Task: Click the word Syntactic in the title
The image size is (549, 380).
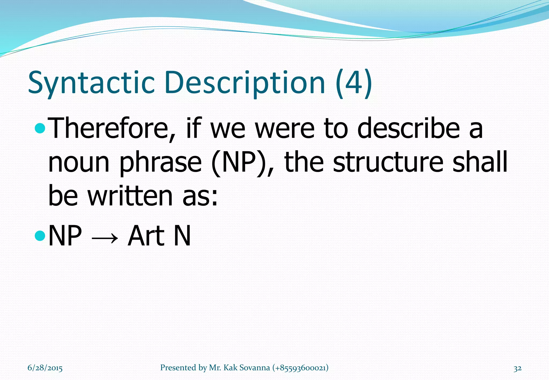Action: coord(91,83)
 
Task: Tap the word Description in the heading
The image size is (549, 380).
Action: coord(245,83)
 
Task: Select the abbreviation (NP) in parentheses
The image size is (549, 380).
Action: coord(243,162)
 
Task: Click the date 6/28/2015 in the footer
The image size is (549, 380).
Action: coord(45,368)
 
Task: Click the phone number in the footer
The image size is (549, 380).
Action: coord(300,368)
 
